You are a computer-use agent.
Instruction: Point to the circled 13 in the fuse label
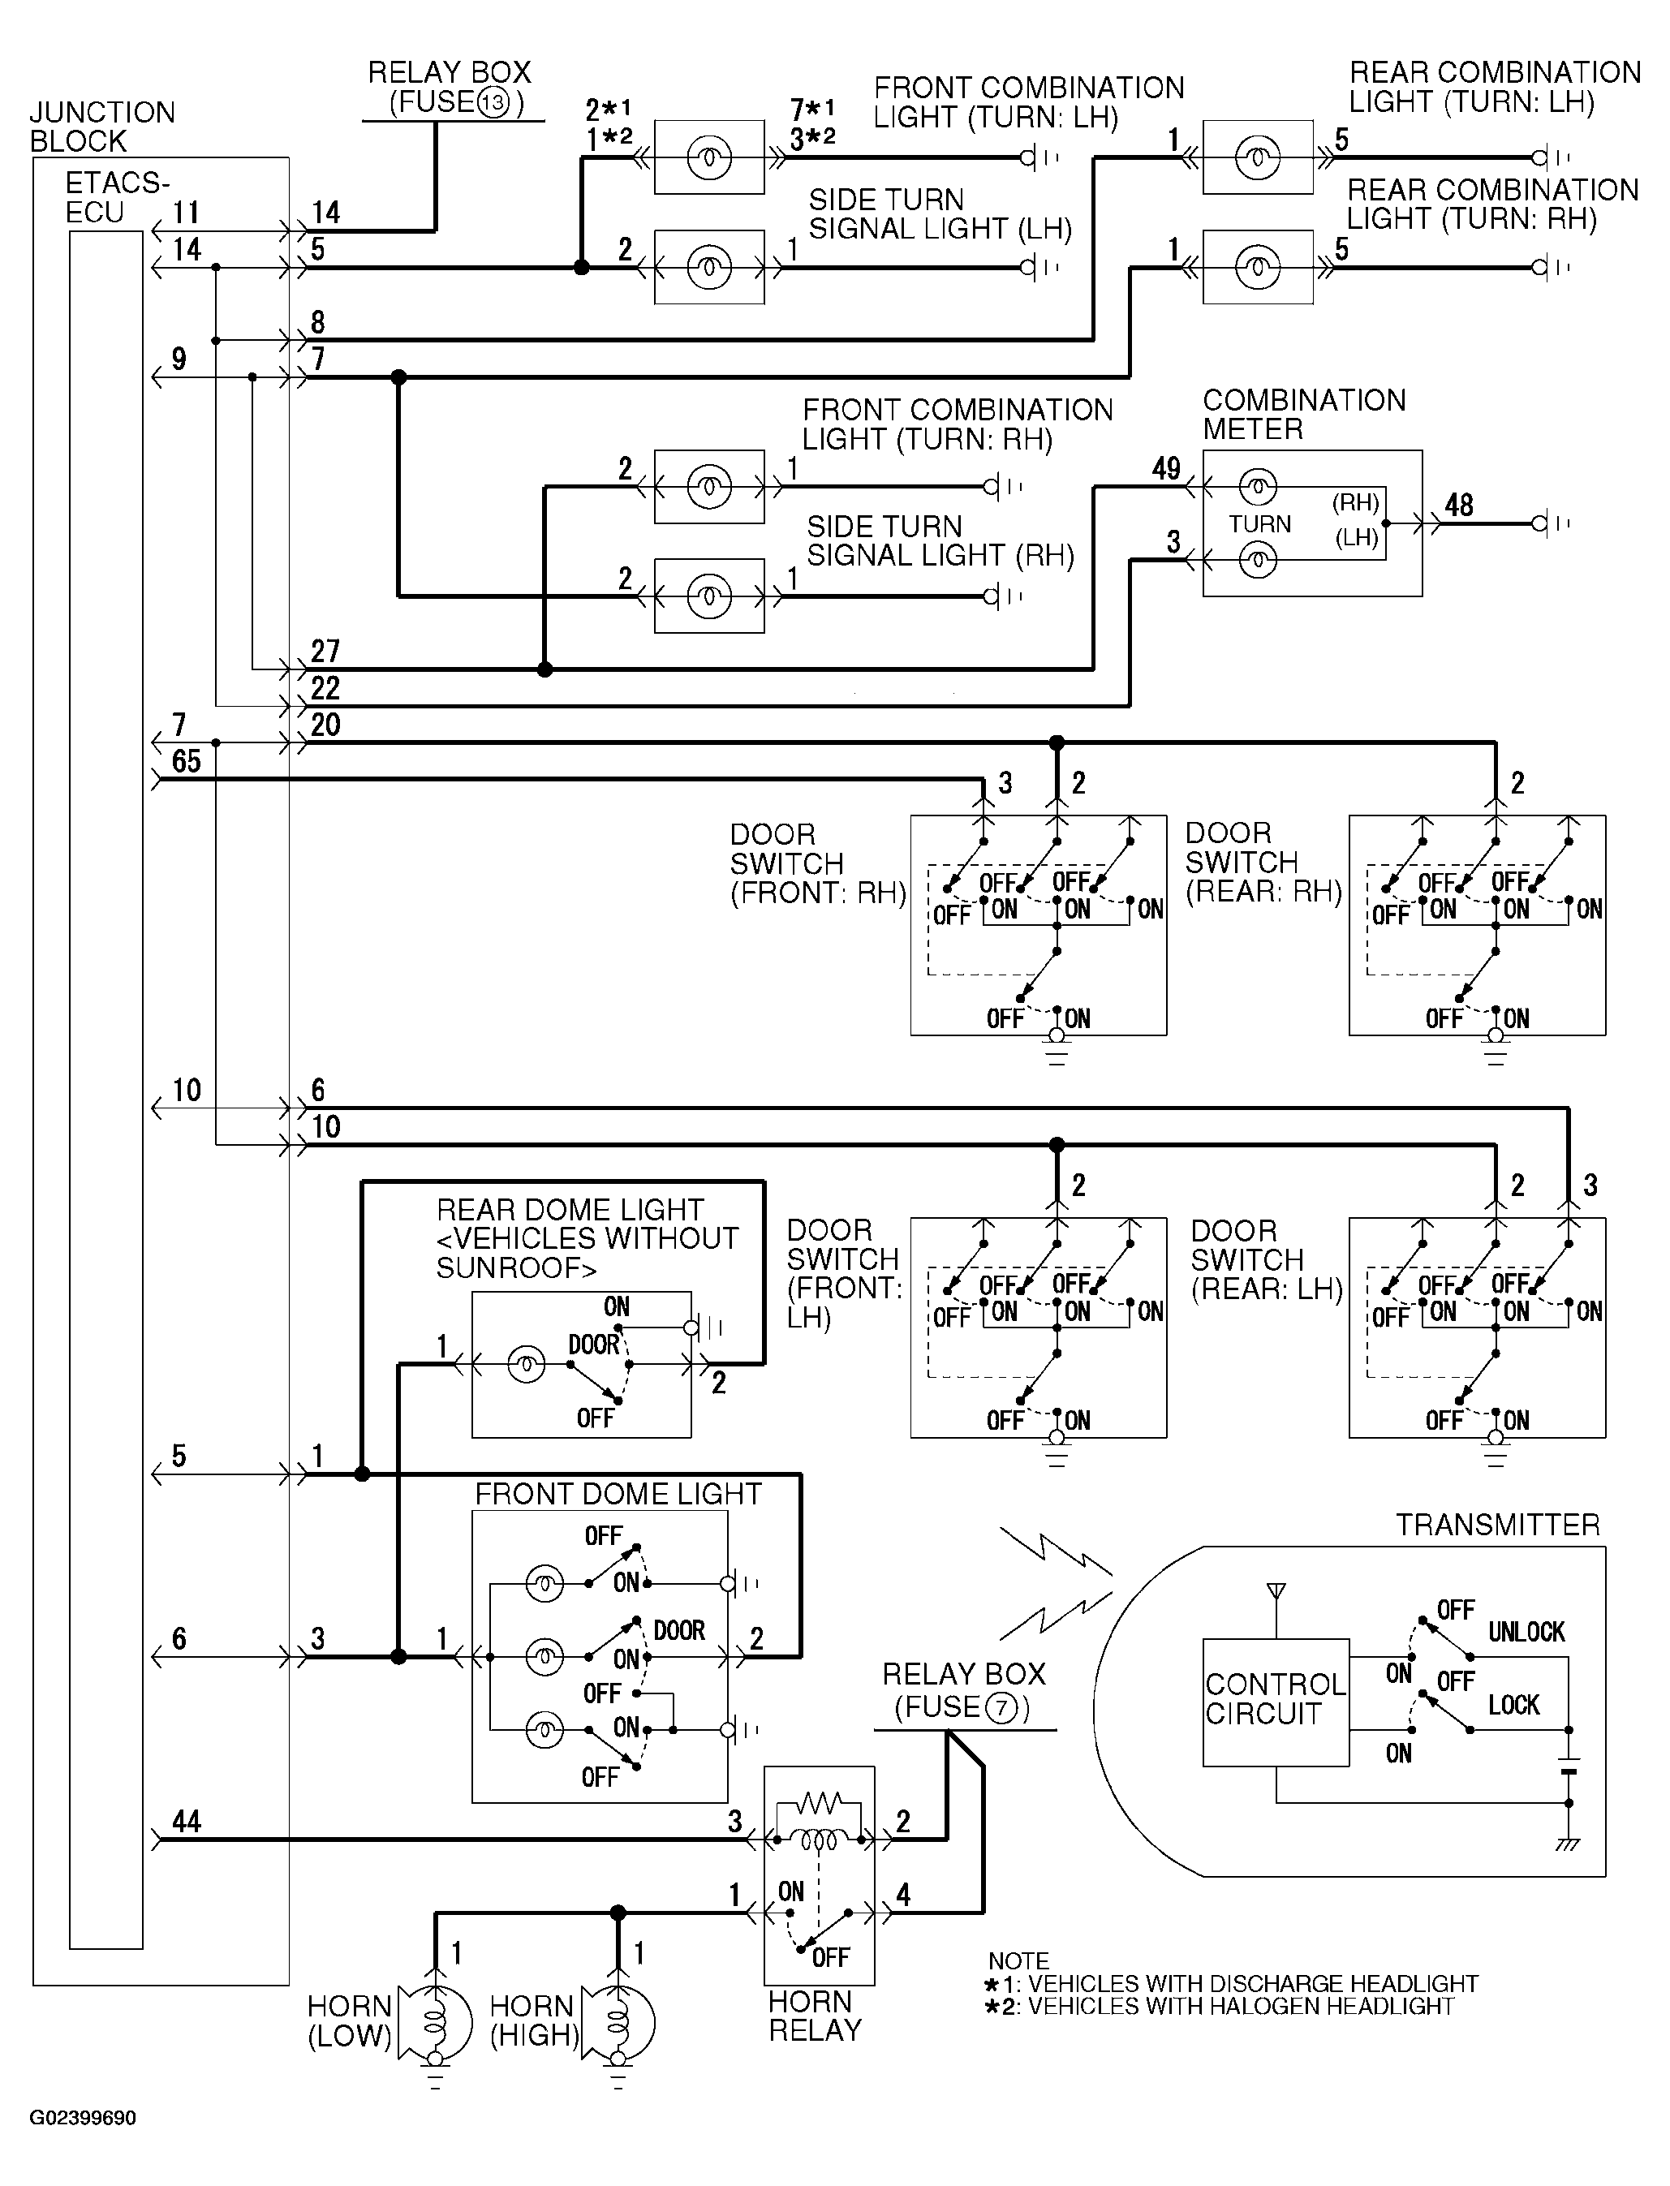[x=494, y=102]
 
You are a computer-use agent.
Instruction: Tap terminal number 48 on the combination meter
[x=1458, y=505]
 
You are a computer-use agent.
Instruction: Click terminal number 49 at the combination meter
[x=1166, y=468]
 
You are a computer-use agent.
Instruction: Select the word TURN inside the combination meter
[x=1259, y=524]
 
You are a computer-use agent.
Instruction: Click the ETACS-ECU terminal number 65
[x=187, y=761]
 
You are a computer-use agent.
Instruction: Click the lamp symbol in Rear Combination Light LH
[x=1258, y=157]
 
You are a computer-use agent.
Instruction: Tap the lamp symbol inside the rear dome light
[x=526, y=1366]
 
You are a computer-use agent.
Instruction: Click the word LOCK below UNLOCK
[x=1513, y=1706]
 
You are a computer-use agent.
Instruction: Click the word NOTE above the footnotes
[x=1018, y=1960]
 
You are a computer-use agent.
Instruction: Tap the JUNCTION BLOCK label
[x=102, y=127]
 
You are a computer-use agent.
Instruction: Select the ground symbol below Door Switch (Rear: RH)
[x=1495, y=1048]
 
